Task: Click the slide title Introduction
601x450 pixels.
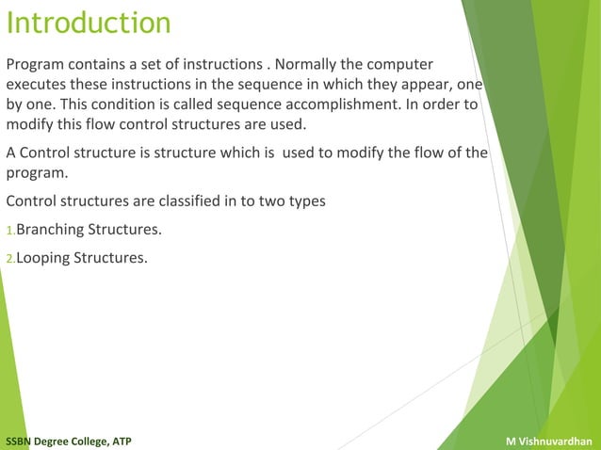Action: point(89,23)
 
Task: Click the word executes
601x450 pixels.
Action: point(36,85)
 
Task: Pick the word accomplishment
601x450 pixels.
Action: point(347,104)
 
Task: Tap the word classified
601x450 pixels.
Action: point(183,201)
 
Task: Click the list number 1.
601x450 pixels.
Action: point(9,231)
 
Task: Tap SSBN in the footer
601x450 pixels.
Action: point(21,442)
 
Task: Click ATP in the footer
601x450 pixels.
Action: point(122,442)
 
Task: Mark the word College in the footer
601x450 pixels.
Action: point(89,442)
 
